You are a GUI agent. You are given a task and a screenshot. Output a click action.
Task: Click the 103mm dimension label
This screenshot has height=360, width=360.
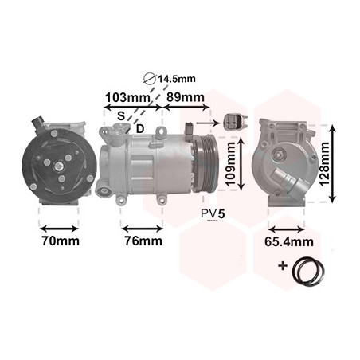[127, 98]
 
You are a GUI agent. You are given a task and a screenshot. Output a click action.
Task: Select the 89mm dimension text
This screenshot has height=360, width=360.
[186, 97]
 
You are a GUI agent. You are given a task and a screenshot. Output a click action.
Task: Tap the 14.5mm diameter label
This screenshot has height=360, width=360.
[177, 79]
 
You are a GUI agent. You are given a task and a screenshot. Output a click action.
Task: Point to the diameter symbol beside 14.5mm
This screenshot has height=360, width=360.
[150, 79]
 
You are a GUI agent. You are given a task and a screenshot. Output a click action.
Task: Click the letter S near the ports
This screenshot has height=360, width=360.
[121, 116]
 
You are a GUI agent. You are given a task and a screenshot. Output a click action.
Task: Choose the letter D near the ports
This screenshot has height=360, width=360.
[140, 129]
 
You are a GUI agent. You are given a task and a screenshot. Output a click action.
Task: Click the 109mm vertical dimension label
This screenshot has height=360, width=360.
[230, 163]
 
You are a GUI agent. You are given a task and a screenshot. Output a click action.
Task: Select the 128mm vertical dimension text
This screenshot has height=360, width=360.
[324, 164]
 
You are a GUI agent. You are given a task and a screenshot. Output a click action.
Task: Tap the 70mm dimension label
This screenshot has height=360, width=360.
[61, 241]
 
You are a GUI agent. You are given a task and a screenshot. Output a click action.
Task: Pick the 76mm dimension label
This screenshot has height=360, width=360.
[143, 241]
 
